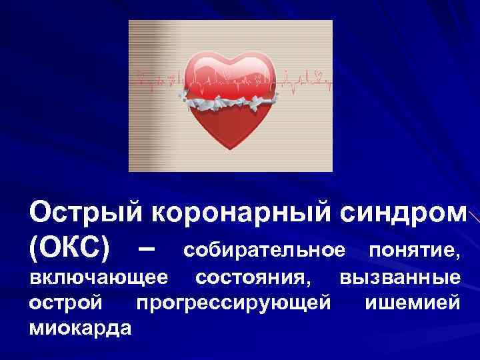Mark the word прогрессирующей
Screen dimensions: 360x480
point(233,303)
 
